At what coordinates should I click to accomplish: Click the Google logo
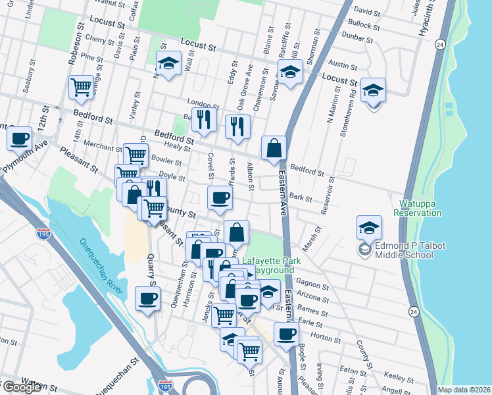22,387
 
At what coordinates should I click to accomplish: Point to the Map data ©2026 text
464,390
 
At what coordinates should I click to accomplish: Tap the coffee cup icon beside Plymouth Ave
19,138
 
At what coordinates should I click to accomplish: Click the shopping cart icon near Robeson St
81,87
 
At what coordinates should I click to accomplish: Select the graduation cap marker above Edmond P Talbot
369,227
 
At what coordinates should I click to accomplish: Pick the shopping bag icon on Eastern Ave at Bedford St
274,148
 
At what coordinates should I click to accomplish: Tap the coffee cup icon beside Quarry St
147,298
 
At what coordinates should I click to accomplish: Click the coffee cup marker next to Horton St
285,334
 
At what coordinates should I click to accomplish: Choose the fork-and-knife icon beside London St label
204,118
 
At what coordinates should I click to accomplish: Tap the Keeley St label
397,377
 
